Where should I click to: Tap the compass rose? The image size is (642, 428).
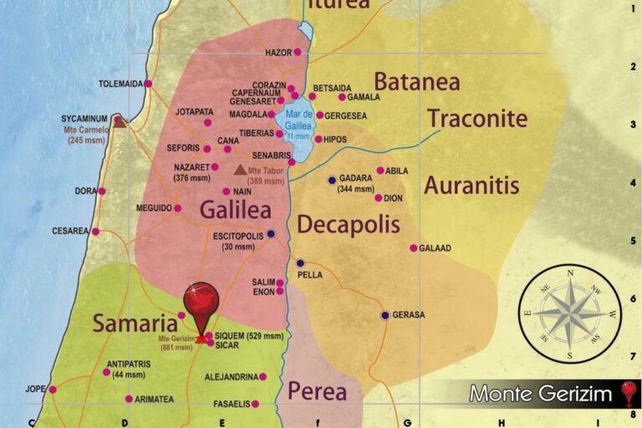(570, 314)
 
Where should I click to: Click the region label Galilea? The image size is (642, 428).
(237, 209)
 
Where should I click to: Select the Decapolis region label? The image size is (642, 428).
(348, 224)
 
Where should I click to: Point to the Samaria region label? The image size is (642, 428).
(134, 324)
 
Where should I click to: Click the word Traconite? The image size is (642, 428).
(477, 118)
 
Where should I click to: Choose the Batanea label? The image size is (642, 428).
(416, 82)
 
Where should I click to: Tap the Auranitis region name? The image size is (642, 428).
(471, 185)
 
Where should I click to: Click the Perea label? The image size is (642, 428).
(317, 390)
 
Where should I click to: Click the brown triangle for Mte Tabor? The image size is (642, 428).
(241, 170)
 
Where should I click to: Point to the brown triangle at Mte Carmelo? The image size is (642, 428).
(120, 122)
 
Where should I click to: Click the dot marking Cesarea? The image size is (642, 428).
(95, 232)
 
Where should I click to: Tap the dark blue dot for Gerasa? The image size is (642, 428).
(385, 315)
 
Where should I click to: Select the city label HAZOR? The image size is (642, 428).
(278, 53)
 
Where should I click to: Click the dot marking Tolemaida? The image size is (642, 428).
(148, 84)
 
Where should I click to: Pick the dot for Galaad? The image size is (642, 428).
(413, 247)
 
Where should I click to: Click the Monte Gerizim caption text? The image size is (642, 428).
(541, 394)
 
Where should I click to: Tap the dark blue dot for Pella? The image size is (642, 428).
(300, 262)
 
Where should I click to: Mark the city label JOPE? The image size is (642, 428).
(35, 390)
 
